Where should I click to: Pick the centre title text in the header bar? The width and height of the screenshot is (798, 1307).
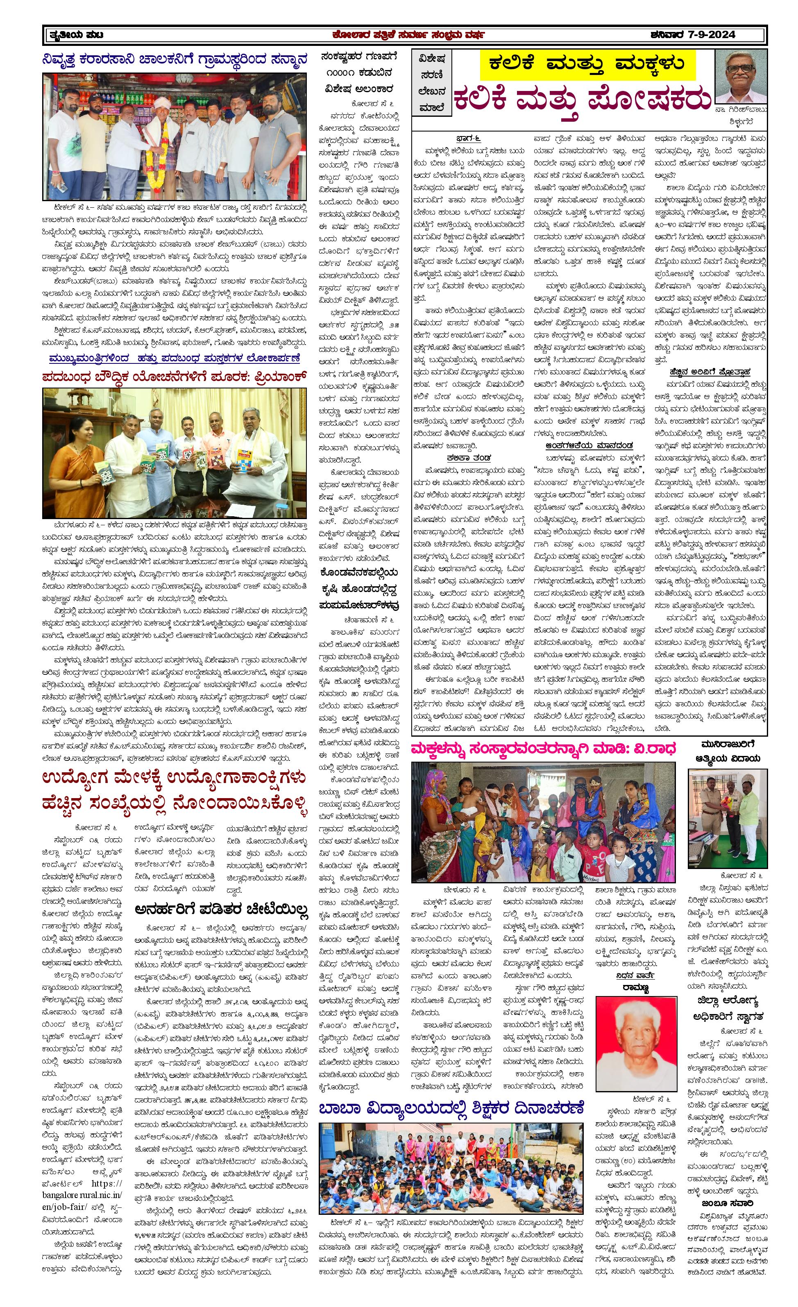click(x=407, y=35)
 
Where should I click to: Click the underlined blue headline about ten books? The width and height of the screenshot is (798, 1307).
click(x=175, y=358)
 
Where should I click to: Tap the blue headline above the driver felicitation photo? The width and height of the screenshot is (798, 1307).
click(x=175, y=60)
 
